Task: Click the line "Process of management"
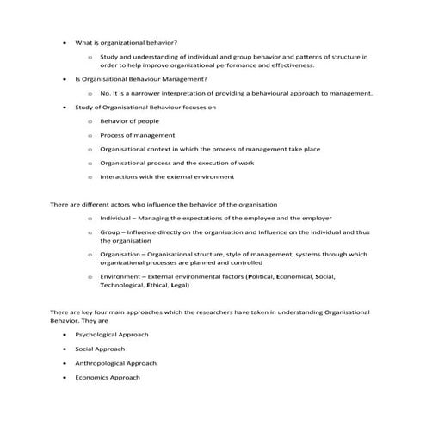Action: [x=138, y=135]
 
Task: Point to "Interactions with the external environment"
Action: [x=166, y=177]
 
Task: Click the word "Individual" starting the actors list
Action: [x=119, y=219]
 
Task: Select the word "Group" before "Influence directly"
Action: [x=110, y=232]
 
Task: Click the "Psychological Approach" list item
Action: [x=112, y=333]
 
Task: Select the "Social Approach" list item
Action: [x=100, y=348]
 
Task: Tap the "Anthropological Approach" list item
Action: [x=115, y=362]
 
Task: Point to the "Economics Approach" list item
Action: [x=107, y=377]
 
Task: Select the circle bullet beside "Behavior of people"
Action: [x=90, y=121]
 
